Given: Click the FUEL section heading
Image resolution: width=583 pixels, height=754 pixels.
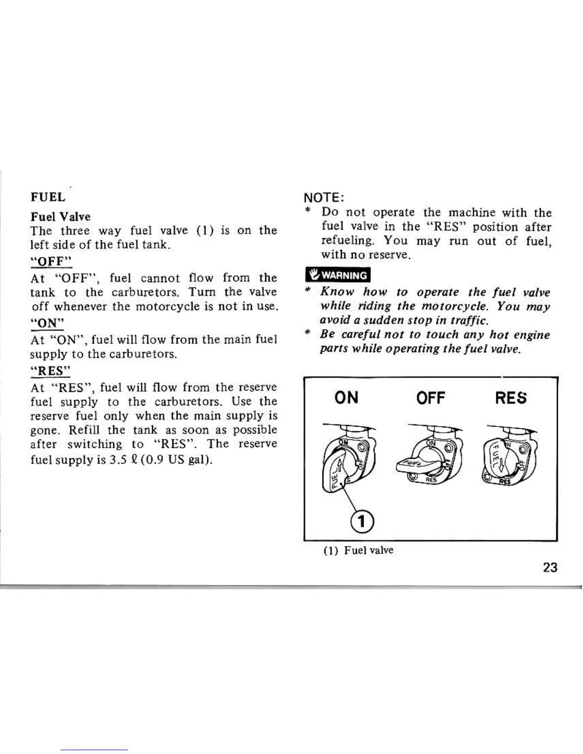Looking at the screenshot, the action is coord(48,197).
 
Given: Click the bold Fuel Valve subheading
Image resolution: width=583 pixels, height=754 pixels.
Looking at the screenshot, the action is coord(60,217).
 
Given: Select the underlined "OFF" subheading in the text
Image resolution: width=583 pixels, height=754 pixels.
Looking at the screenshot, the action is coord(51,261).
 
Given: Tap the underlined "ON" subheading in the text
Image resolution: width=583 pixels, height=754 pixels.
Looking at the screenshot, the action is coord(47,323).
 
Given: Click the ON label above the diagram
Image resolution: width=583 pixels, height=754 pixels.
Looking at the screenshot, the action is coord(346,397).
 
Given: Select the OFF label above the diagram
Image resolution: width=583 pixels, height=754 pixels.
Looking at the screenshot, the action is coord(430,397).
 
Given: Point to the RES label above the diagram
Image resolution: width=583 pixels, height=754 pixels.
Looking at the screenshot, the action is coord(511,397).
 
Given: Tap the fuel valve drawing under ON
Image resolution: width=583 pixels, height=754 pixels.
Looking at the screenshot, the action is coord(348,459).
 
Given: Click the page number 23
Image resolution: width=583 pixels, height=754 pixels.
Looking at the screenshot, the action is coord(550,567).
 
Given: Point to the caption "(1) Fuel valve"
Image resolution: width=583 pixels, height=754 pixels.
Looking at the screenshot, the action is coord(358,550).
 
